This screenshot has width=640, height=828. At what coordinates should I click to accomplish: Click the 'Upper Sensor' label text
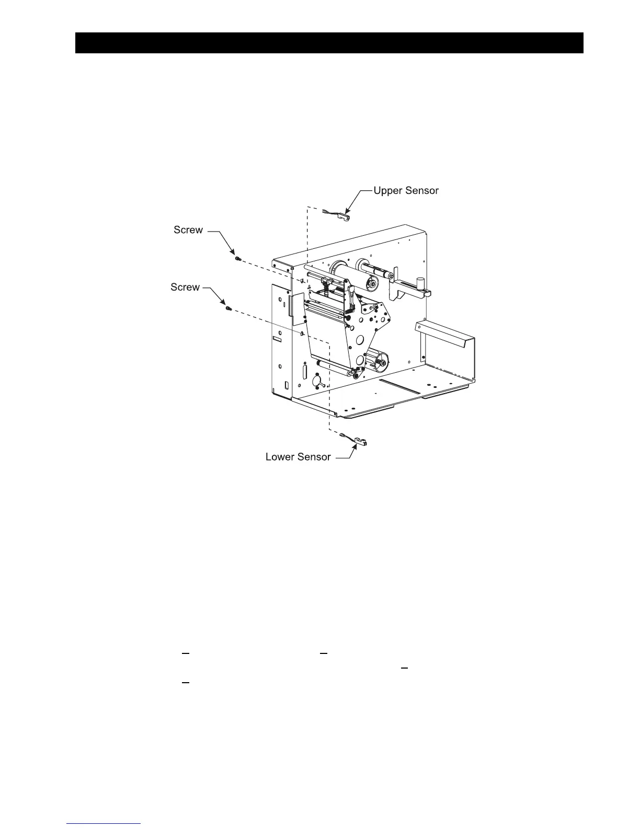tap(406, 191)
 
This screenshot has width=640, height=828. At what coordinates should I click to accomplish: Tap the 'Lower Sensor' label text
tap(298, 457)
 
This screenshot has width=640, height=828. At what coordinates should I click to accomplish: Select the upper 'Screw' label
tap(188, 230)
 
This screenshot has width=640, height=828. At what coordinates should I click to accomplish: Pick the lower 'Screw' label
tap(185, 287)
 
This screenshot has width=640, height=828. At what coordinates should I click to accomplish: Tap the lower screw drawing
tap(228, 308)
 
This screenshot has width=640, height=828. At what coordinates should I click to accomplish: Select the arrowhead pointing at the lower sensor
tap(351, 448)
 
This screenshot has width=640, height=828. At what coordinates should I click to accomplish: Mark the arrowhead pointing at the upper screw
tap(233, 253)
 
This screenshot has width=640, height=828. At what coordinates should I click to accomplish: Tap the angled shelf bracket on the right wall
tap(444, 335)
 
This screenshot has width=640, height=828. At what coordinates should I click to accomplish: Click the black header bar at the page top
tap(329, 43)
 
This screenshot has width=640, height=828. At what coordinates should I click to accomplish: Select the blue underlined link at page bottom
tap(104, 824)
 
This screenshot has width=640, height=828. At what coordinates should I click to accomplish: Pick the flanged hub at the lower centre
tap(379, 360)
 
